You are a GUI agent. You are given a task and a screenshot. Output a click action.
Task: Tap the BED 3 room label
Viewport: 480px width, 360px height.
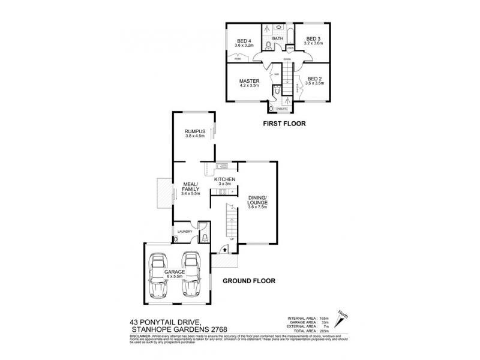tap(314, 39)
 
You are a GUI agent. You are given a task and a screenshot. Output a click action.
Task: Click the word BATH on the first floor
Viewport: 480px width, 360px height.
tap(277, 39)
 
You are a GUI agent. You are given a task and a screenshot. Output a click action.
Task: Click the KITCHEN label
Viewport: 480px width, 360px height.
tap(224, 179)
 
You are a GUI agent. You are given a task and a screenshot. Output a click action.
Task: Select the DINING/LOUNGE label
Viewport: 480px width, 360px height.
tap(257, 202)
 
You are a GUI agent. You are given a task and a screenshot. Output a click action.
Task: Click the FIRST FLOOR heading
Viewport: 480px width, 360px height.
tap(284, 125)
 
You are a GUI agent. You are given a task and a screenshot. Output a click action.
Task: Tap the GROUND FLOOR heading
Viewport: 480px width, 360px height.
tap(249, 280)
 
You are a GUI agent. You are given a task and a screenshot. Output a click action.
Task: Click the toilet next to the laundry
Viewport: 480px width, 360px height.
tap(204, 238)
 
